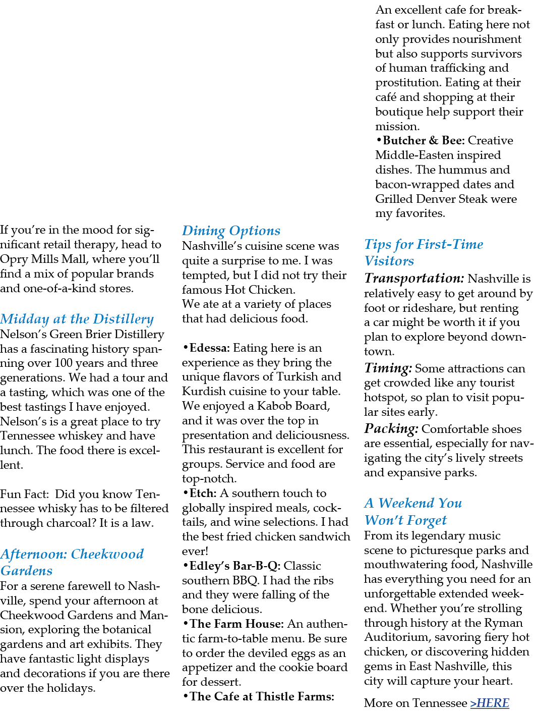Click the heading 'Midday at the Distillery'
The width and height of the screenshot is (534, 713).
tap(77, 319)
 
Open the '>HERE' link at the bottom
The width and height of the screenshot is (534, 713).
tap(490, 703)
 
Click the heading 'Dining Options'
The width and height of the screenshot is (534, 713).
tap(231, 231)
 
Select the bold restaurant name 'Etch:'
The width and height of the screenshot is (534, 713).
tap(203, 493)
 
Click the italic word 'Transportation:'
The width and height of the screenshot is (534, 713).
tap(414, 279)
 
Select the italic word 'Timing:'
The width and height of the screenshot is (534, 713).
tap(388, 368)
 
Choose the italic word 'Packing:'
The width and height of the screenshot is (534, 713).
tap(391, 429)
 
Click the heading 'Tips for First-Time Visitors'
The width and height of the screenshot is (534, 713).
tap(423, 252)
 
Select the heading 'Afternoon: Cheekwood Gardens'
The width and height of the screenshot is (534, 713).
tap(72, 562)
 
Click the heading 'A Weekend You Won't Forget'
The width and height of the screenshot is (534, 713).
tap(413, 511)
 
